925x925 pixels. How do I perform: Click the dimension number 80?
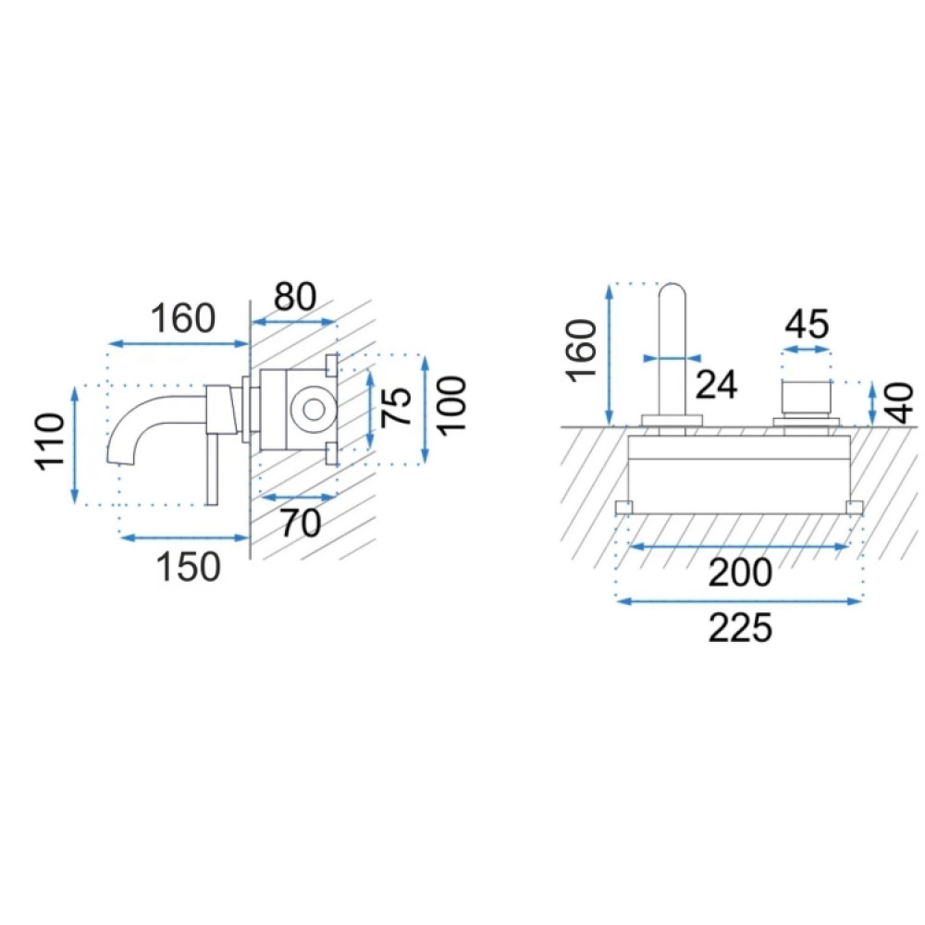coord(295,296)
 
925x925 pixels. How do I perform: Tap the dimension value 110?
coord(50,442)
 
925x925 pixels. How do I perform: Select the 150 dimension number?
coord(188,567)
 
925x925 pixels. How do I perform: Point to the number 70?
coord(301,523)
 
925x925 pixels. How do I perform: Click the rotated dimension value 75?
coord(396,406)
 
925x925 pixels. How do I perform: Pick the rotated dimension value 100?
coord(452,406)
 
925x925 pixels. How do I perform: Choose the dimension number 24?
coord(717,385)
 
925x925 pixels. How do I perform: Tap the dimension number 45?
coord(807,324)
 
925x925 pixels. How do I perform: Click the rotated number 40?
coord(900,403)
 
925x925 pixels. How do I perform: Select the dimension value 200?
coord(740,573)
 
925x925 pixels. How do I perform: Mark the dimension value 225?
coord(740,628)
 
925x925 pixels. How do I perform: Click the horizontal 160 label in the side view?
coord(183,318)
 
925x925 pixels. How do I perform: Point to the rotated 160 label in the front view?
coord(582,350)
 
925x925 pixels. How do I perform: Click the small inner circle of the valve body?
coord(314,409)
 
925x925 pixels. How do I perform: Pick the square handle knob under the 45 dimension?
coord(807,400)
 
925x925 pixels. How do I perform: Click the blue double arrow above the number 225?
coord(739,601)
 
